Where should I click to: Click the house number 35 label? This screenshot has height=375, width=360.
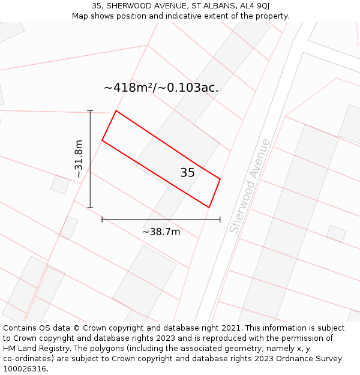click(x=187, y=173)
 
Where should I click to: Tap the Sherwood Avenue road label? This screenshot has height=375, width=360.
click(x=250, y=186)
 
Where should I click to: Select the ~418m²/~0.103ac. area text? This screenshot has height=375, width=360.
click(x=161, y=88)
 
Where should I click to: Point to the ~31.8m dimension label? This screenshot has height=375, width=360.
click(x=78, y=158)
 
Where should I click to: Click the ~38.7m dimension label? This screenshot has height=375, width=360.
click(x=161, y=232)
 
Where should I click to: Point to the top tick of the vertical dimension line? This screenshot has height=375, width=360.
click(x=90, y=111)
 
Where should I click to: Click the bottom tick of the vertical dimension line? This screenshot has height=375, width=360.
click(x=90, y=208)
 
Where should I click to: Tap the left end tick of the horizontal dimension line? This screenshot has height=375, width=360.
click(x=102, y=220)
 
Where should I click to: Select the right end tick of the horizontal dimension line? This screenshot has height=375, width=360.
click(x=220, y=220)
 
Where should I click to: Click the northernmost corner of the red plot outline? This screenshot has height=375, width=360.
click(x=116, y=111)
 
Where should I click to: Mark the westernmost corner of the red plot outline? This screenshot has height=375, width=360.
click(x=102, y=140)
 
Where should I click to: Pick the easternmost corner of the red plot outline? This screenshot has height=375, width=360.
click(x=220, y=179)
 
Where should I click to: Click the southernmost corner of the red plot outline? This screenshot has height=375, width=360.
click(x=209, y=208)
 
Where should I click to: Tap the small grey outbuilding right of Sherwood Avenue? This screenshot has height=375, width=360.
click(x=336, y=233)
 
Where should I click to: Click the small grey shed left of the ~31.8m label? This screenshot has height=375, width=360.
click(x=60, y=184)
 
